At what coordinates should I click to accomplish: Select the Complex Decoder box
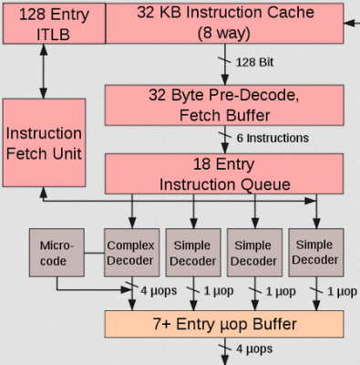(130, 253)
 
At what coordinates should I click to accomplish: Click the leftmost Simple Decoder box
(192, 253)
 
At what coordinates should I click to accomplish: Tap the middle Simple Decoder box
(252, 253)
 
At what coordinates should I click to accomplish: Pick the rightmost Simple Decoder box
(314, 253)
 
